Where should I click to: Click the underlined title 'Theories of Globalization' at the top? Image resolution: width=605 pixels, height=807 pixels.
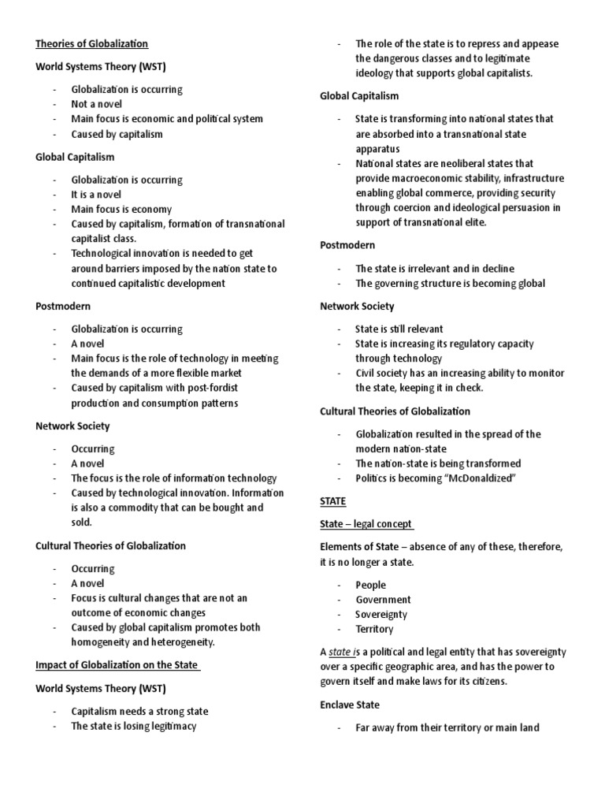[x=91, y=44]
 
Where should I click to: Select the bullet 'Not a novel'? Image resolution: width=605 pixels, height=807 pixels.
[x=97, y=104]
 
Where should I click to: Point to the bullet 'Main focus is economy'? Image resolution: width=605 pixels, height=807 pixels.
[x=121, y=210]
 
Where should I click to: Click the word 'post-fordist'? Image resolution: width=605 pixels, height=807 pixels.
[x=211, y=389]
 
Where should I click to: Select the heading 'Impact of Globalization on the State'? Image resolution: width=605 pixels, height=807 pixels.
[x=117, y=665]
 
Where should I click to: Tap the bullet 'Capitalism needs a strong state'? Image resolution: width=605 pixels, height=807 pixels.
[x=139, y=712]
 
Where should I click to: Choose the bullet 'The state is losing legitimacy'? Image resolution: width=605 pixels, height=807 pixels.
[x=134, y=727]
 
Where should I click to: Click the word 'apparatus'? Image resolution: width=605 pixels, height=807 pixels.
[x=377, y=149]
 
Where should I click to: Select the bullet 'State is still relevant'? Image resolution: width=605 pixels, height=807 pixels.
[x=399, y=329]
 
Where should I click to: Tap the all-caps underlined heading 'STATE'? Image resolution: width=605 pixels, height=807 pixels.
[x=333, y=501]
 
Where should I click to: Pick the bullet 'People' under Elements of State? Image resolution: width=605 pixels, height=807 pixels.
[x=370, y=585]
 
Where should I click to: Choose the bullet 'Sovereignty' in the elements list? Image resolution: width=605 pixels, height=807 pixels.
[x=380, y=615]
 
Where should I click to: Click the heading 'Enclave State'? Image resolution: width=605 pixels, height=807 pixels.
[x=350, y=705]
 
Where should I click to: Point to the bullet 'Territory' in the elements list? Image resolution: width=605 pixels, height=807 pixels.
[x=374, y=630]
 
